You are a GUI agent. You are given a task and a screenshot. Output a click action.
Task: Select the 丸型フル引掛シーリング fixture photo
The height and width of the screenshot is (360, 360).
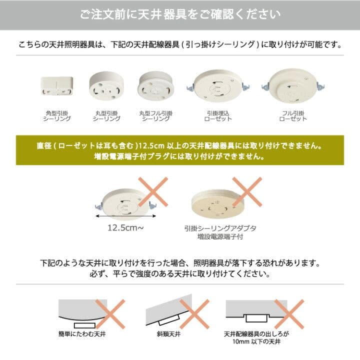[x=155, y=86]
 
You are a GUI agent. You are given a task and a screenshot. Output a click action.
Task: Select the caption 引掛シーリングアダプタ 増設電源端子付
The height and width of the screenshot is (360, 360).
[x=220, y=232]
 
